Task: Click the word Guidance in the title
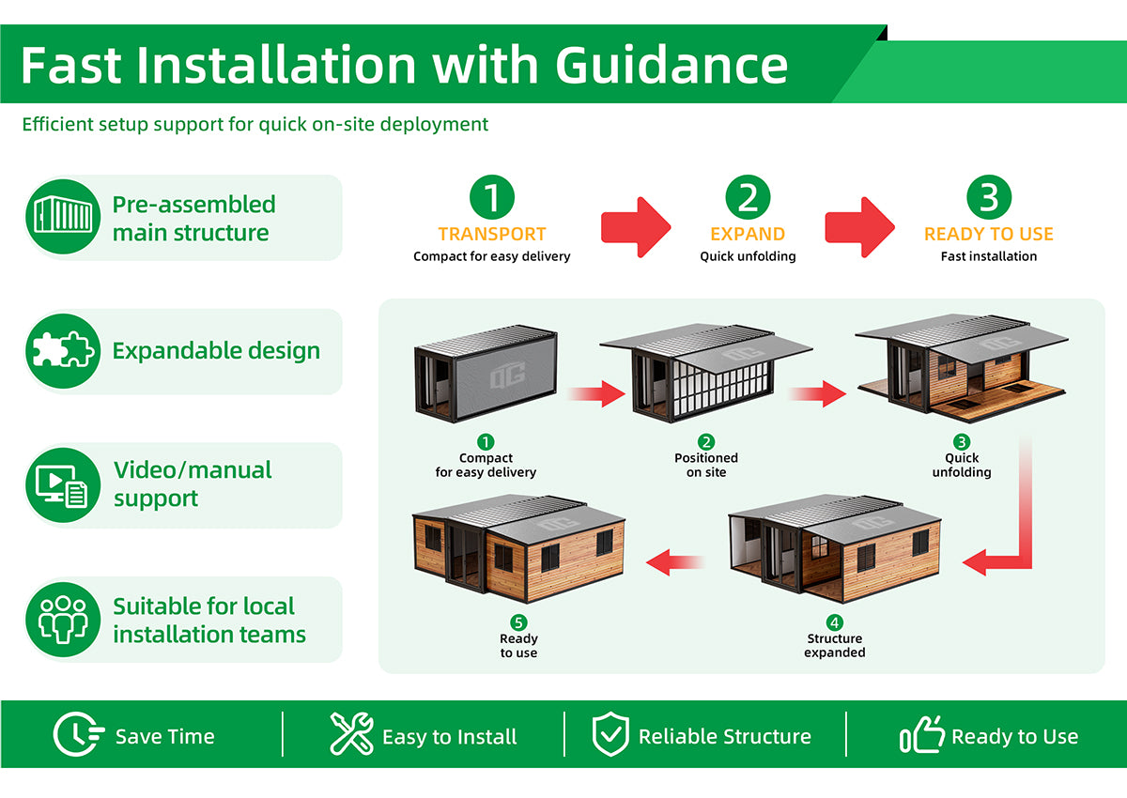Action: pyautogui.click(x=672, y=66)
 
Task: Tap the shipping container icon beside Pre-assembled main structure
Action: pyautogui.click(x=63, y=216)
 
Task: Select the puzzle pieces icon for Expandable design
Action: pyautogui.click(x=63, y=350)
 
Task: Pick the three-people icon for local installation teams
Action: pyautogui.click(x=63, y=620)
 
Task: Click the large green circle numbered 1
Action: pyautogui.click(x=491, y=197)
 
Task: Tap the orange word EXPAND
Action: pyautogui.click(x=748, y=235)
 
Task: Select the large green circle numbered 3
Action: pyautogui.click(x=989, y=197)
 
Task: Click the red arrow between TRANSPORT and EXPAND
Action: pyautogui.click(x=636, y=227)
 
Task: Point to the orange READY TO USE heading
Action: pyautogui.click(x=989, y=235)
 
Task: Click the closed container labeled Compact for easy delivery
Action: pyautogui.click(x=486, y=374)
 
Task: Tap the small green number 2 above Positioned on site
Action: pyautogui.click(x=706, y=442)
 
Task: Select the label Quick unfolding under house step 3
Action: pyautogui.click(x=962, y=465)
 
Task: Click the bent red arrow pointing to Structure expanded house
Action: pyautogui.click(x=1026, y=528)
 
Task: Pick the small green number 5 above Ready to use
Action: pyautogui.click(x=518, y=622)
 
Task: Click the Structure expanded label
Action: pyautogui.click(x=835, y=645)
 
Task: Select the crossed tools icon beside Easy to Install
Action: pyautogui.click(x=351, y=733)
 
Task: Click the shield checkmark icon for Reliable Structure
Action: pyautogui.click(x=610, y=734)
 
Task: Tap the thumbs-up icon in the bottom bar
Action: pyautogui.click(x=921, y=735)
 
